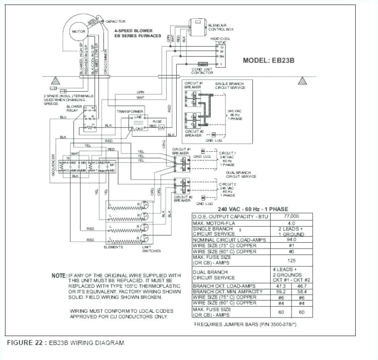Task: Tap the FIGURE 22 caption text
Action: pyautogui.click(x=66, y=343)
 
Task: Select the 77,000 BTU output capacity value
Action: pyautogui.click(x=291, y=216)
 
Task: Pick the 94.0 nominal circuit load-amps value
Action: pyautogui.click(x=291, y=240)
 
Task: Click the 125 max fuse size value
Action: pyautogui.click(x=291, y=260)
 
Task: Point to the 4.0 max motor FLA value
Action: pyautogui.click(x=291, y=223)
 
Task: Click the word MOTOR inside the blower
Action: pyautogui.click(x=78, y=32)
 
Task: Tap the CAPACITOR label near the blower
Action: pyautogui.click(x=115, y=22)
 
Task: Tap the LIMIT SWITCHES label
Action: pyautogui.click(x=151, y=249)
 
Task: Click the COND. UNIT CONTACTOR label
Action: pyautogui.click(x=203, y=70)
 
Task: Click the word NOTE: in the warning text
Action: pyautogui.click(x=59, y=275)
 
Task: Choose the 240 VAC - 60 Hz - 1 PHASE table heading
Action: pyautogui.click(x=253, y=209)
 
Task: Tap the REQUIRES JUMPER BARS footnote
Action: pyautogui.click(x=245, y=324)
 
